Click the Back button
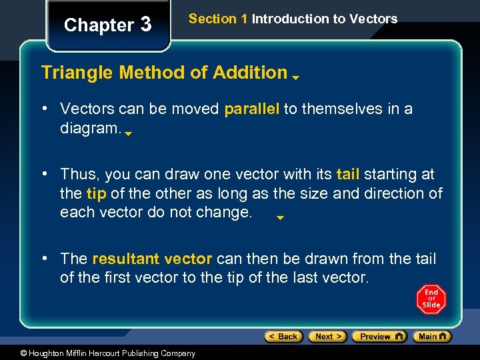pos(284,337)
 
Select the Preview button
pos(379,337)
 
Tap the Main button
pos(431,337)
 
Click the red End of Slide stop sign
pos(431,299)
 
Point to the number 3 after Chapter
pos(146,25)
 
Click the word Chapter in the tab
pos(99,25)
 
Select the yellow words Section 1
pos(218,19)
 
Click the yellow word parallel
pos(251,109)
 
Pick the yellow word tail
pos(348,175)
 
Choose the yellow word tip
pos(96,193)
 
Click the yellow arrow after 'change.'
pos(281,217)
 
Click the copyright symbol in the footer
pos(23,353)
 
